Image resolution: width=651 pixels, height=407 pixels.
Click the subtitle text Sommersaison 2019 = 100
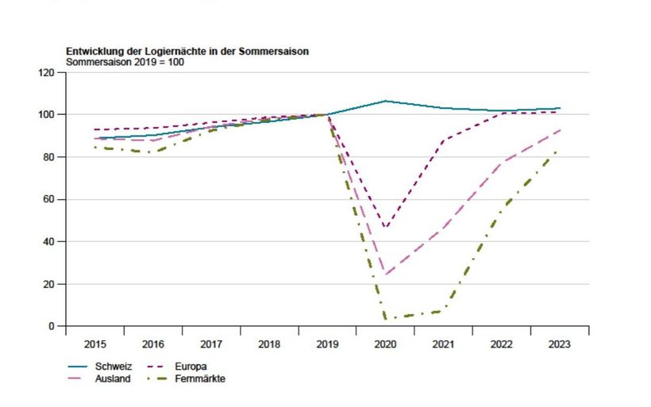point(125,61)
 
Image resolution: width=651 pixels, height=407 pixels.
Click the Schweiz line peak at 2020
point(386,101)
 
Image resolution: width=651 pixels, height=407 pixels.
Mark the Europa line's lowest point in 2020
point(386,228)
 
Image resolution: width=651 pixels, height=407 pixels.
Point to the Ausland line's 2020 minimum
point(386,275)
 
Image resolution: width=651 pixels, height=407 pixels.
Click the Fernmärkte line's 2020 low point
point(386,319)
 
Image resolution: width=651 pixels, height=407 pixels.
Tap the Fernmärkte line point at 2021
point(443,310)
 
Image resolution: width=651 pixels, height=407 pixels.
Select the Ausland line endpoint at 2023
point(560,130)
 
